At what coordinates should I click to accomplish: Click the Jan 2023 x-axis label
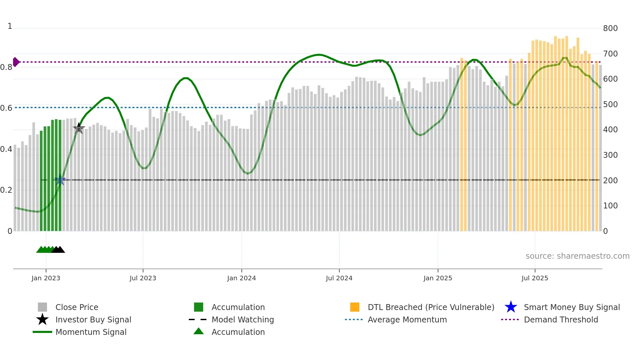[x=46, y=278]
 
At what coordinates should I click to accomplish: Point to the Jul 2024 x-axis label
[x=339, y=278]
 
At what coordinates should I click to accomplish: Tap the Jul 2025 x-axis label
[x=535, y=278]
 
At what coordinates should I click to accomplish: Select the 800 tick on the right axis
[x=610, y=28]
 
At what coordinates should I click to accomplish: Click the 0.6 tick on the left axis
[x=6, y=108]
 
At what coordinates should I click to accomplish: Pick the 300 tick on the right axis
[x=610, y=155]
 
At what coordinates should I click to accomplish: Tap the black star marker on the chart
[x=79, y=128]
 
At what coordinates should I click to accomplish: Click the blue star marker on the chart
[x=60, y=180]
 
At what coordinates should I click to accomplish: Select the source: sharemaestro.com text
[x=577, y=256]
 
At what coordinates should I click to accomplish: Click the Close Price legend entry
[x=77, y=307]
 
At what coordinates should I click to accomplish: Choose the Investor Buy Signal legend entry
[x=93, y=319]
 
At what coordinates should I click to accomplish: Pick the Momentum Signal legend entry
[x=91, y=332]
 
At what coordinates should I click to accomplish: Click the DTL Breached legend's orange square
[x=355, y=307]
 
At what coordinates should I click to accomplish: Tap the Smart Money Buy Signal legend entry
[x=571, y=307]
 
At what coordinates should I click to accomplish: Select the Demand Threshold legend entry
[x=561, y=319]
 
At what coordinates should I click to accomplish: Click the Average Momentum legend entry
[x=407, y=319]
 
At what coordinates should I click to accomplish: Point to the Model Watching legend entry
[x=242, y=319]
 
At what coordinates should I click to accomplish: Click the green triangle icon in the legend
[x=199, y=331]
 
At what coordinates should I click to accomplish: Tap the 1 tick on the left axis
[x=10, y=26]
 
